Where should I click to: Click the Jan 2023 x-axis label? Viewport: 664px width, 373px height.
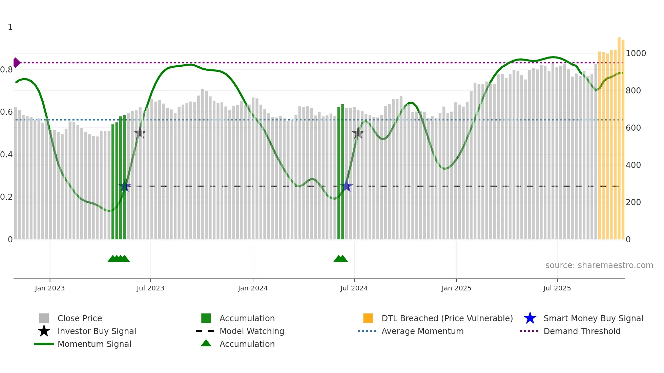coord(49,288)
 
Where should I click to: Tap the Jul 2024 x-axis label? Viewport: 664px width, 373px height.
coord(354,288)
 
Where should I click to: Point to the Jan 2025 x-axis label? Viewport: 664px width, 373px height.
coord(456,288)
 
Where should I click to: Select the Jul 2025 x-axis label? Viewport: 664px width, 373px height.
coord(557,288)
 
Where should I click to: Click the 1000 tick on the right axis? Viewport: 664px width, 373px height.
coord(636,53)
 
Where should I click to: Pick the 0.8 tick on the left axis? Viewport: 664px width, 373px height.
coord(6,70)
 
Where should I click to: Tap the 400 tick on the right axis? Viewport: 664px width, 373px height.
coord(633,165)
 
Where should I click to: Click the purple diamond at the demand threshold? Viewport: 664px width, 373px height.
coord(16,63)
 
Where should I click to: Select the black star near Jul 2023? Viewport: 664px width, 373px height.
coord(140,133)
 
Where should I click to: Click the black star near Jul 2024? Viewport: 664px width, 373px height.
coord(358,133)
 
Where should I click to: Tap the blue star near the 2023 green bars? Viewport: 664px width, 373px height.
coord(125,186)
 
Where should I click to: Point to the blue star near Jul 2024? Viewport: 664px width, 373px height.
coord(347,186)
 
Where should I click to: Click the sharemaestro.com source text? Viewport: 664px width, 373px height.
coord(599,265)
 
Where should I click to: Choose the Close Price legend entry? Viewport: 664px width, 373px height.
coord(80,318)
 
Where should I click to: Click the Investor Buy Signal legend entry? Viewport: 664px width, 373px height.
coord(97,331)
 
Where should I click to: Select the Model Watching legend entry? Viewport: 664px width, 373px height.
coord(252,331)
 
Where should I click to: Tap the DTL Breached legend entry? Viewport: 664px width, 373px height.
coord(447,318)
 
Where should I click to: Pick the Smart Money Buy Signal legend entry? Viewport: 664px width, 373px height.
coord(593,318)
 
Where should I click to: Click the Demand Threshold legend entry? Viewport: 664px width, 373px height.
coord(582,331)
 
